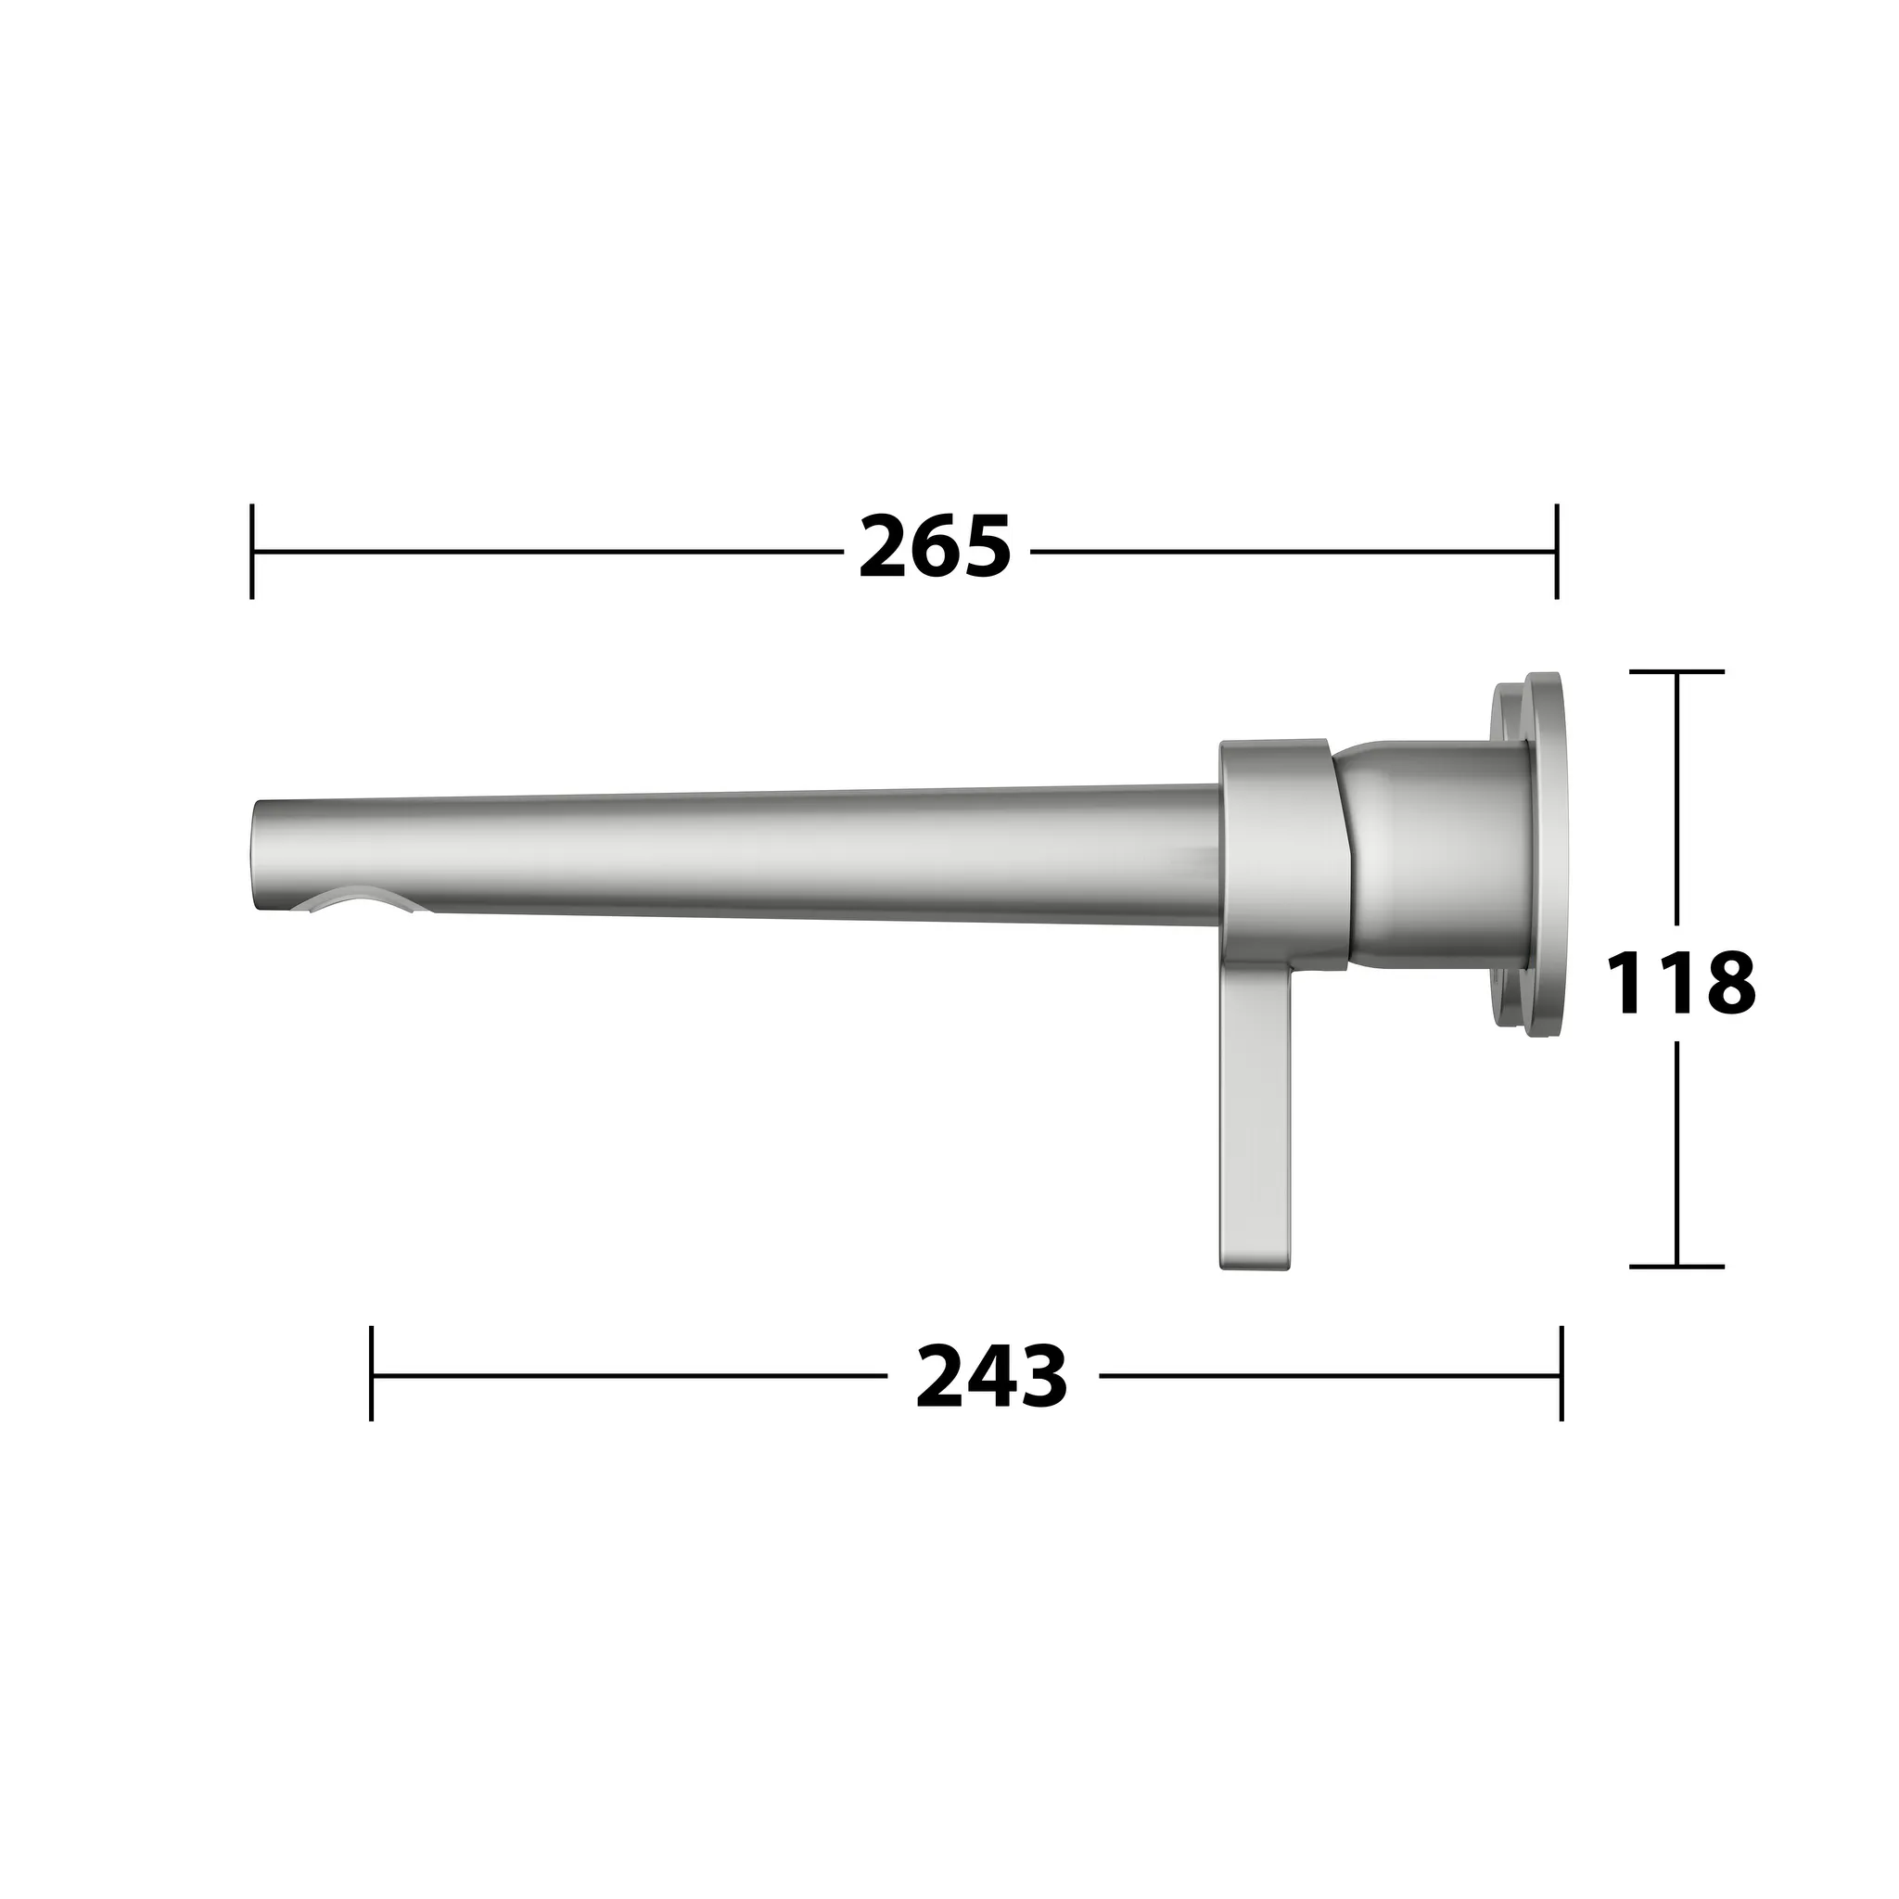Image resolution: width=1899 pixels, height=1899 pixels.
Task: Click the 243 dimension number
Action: click(x=991, y=1378)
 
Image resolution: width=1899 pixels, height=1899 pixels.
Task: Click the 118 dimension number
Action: click(x=1680, y=983)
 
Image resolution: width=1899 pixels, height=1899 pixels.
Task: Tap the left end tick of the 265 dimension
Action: click(x=252, y=551)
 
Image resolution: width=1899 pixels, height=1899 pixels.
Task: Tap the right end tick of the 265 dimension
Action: click(x=1556, y=551)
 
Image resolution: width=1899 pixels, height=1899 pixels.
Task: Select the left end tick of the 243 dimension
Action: click(x=372, y=1373)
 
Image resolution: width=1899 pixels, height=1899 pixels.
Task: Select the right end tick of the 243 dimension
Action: click(x=1561, y=1373)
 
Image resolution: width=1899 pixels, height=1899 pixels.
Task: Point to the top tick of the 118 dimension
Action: click(x=1676, y=671)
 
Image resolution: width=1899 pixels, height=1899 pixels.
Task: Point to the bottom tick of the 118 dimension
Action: click(x=1676, y=1267)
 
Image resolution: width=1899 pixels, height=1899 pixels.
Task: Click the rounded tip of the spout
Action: click(x=263, y=855)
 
